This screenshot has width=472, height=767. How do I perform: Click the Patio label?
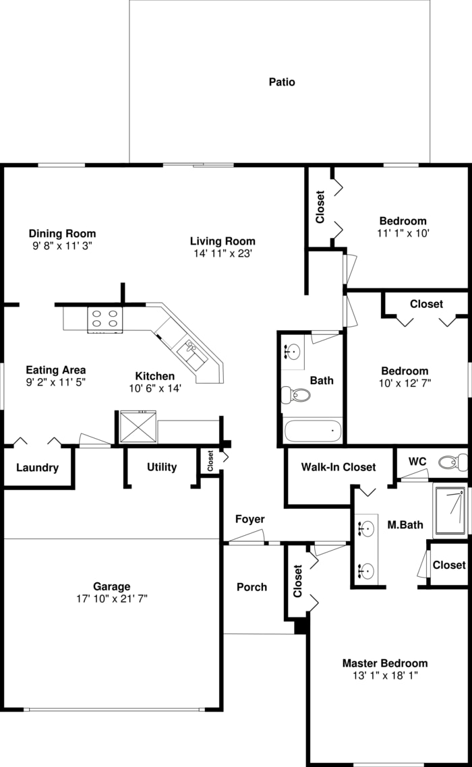[282, 82]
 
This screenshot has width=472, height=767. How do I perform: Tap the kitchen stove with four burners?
[105, 318]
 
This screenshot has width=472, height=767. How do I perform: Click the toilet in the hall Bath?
[296, 394]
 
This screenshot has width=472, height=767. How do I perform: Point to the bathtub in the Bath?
[313, 430]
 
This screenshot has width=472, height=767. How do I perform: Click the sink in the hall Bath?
[293, 351]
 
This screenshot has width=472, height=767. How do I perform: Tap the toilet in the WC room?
[452, 462]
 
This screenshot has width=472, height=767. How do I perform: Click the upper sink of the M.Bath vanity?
[366, 530]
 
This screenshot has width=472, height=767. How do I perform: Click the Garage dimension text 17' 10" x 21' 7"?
[111, 598]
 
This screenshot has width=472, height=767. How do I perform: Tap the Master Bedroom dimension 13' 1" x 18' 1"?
[384, 675]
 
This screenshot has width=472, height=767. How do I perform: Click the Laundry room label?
[37, 468]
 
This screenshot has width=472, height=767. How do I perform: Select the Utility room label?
[162, 466]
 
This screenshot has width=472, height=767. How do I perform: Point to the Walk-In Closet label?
[338, 466]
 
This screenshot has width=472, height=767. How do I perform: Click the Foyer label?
[249, 519]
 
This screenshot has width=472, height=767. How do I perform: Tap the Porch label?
[252, 587]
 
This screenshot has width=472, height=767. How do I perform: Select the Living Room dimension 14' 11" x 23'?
[223, 253]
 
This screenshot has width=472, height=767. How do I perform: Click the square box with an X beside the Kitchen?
[138, 426]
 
